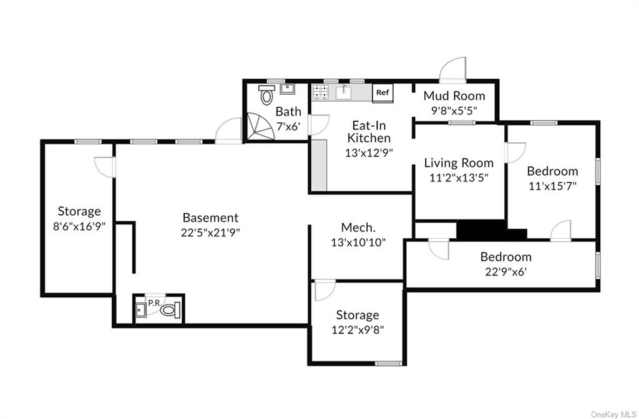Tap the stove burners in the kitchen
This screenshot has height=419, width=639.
tap(321, 92)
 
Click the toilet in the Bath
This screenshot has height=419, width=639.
tap(267, 95)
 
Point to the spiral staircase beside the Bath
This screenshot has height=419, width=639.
tap(258, 127)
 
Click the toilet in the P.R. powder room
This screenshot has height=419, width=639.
tap(171, 308)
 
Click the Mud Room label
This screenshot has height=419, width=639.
tap(454, 96)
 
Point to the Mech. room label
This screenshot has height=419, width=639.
tap(358, 228)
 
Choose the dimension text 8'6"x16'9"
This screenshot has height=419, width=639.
tap(79, 226)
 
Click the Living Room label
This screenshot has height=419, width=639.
tap(459, 163)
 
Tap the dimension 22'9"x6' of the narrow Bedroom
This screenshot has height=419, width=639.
tap(505, 271)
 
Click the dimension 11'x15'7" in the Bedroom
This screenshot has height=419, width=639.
tap(552, 185)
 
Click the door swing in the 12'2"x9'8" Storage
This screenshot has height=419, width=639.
tap(325, 291)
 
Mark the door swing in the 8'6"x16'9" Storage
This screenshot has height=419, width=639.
tap(104, 167)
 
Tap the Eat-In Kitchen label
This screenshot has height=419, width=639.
tap(369, 132)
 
